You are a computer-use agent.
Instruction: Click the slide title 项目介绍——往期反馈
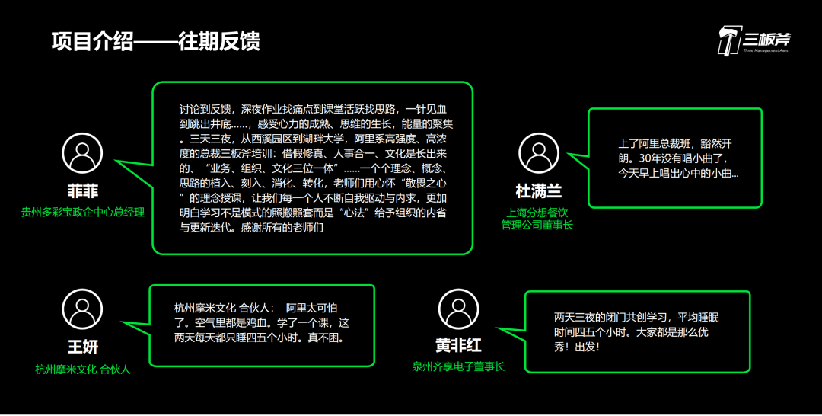coord(156,40)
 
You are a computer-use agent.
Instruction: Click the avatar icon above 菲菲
coord(82,152)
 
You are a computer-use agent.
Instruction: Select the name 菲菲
coord(82,190)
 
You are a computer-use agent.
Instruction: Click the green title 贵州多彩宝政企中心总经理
coord(82,212)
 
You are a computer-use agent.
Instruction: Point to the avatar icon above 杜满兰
coord(539,152)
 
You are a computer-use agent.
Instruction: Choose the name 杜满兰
coord(539,190)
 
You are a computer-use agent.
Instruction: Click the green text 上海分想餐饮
coord(539,212)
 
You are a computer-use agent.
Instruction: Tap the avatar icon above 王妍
coord(82,309)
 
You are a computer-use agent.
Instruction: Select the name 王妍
coord(82,347)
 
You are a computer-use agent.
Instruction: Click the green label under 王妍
coord(82,370)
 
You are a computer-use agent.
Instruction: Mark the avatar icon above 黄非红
coord(458,309)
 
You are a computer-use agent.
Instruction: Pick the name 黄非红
coord(458,346)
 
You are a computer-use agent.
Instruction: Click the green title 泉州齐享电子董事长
coord(458,366)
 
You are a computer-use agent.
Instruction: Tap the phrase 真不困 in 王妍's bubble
coord(325,337)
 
